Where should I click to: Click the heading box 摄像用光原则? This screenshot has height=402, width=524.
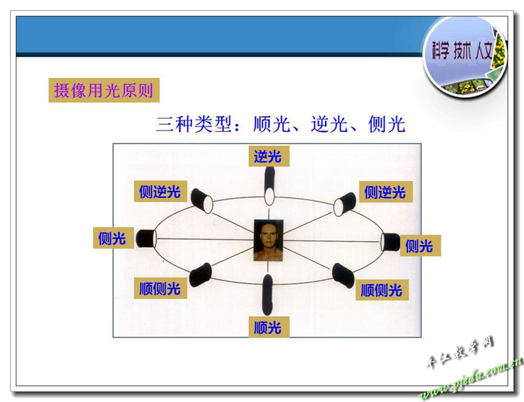click(x=104, y=90)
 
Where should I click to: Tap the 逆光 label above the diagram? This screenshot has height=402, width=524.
click(x=269, y=156)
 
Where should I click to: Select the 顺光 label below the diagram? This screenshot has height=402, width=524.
click(x=269, y=327)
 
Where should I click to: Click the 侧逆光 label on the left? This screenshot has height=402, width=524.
click(x=160, y=191)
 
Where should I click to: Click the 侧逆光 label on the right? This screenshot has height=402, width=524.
click(x=386, y=191)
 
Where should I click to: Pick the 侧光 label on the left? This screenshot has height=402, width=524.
click(x=113, y=238)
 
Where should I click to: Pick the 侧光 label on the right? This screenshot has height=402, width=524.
click(x=420, y=245)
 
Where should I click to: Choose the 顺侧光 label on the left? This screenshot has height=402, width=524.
click(x=160, y=288)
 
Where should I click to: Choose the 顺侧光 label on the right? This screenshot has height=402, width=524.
click(x=382, y=290)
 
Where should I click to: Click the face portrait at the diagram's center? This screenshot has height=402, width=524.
click(x=269, y=240)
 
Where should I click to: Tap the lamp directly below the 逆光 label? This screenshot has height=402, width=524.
click(x=269, y=186)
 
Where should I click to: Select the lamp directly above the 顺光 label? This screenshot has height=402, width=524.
click(x=268, y=294)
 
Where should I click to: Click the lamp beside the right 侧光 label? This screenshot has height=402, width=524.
click(x=390, y=242)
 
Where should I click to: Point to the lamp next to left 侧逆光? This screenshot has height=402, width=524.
click(x=202, y=201)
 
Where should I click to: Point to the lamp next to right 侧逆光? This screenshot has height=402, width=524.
click(x=345, y=204)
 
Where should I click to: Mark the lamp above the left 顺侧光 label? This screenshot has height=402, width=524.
click(x=200, y=275)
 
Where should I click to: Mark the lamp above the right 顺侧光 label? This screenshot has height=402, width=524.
click(x=343, y=275)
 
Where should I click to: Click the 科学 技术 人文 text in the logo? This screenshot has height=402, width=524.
click(x=462, y=51)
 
